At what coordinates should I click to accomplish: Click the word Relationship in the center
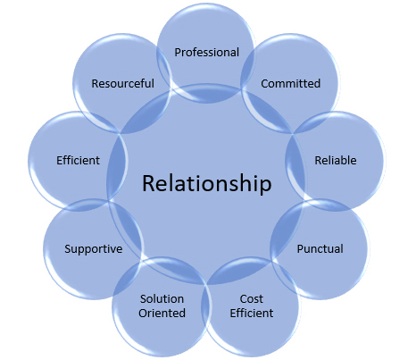click(x=206, y=186)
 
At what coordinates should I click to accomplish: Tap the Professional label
click(x=207, y=52)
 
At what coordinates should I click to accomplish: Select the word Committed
click(x=290, y=83)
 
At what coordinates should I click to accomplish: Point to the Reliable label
click(x=336, y=161)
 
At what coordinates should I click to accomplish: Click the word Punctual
click(x=320, y=248)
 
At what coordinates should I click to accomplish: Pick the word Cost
click(x=251, y=298)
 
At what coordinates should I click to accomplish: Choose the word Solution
click(x=162, y=298)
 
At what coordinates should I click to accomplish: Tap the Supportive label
click(x=93, y=248)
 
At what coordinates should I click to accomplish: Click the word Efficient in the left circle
click(x=77, y=161)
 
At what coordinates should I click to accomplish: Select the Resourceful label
click(x=122, y=83)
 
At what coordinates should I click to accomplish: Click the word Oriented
click(x=162, y=313)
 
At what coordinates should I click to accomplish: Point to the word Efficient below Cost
click(x=251, y=313)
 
